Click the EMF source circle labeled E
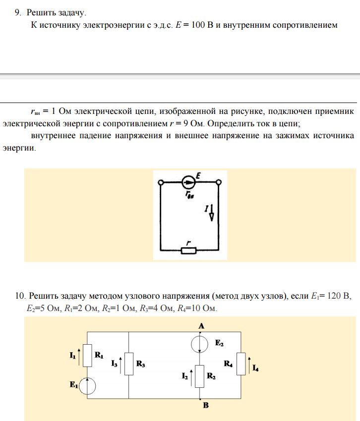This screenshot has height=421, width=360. click(188, 182)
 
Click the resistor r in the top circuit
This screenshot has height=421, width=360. click(188, 250)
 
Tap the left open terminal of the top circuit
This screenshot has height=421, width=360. click(160, 183)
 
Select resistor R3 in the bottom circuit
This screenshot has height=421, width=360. click(128, 364)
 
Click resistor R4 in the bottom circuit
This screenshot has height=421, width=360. click(240, 364)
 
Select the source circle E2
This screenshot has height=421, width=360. click(200, 343)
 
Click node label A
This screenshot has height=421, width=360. click(201, 325)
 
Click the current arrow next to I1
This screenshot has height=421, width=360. click(79, 355)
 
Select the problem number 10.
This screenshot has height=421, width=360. click(19, 296)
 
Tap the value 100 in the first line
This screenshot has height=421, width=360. click(198, 25)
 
